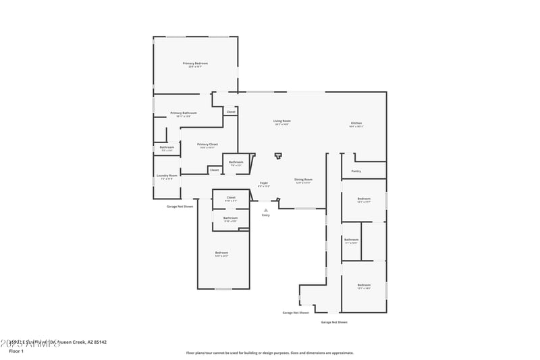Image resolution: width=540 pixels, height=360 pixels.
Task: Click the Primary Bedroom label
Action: click(195, 63)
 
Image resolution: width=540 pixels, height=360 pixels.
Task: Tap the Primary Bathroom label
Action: click(184, 113)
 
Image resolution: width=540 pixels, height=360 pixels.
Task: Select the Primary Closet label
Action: click(207, 144)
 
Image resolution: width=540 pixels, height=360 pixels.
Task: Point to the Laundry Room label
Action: click(167, 176)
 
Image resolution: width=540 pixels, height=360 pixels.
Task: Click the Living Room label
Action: click(281, 121)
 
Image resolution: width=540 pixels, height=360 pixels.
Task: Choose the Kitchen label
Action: click(356, 124)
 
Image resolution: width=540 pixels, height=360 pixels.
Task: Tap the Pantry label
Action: click(356, 172)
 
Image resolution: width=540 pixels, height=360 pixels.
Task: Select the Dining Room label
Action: click(303, 180)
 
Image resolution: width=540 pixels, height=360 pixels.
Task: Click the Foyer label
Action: click(264, 183)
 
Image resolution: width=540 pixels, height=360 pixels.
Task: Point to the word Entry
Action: click(265, 215)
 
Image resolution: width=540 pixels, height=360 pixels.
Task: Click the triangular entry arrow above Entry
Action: click(265, 210)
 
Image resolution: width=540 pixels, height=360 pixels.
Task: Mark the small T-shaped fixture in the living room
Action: click(277, 156)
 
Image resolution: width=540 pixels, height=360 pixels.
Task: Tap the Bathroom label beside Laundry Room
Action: click(167, 147)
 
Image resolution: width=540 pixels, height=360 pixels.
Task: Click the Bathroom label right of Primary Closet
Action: click(236, 162)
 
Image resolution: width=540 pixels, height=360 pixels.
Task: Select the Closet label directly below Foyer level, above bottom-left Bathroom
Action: click(230, 197)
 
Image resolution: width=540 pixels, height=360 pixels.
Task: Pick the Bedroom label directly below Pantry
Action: click(364, 199)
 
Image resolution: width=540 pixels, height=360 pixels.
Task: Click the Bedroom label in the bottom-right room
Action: click(364, 285)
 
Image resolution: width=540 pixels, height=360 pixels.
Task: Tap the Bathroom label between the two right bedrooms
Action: click(351, 240)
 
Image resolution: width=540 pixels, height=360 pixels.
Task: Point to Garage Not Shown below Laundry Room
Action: click(180, 206)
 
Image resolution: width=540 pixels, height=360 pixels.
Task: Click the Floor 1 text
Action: click(16, 351)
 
